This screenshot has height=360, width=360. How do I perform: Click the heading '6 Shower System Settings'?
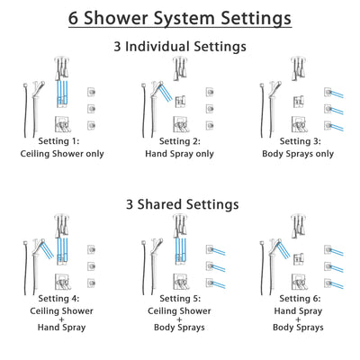tap(180, 17)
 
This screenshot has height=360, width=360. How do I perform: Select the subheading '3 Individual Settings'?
tap(180, 46)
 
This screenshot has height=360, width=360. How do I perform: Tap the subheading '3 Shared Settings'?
tap(180, 204)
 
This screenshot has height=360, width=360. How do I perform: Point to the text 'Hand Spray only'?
tap(180, 154)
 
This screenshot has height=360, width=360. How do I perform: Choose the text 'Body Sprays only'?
tap(298, 154)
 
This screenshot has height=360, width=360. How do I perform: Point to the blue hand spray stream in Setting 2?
tap(164, 90)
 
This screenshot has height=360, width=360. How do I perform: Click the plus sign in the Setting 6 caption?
tap(298, 316)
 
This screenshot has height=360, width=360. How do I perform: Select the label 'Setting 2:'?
tap(180, 142)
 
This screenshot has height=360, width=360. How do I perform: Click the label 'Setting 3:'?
tap(298, 142)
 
